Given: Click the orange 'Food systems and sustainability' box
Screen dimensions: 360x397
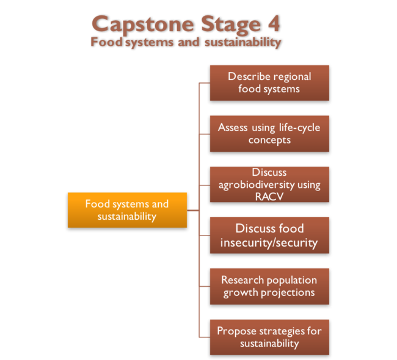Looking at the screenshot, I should click(x=127, y=210).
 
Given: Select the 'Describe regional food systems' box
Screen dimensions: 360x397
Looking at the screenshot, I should click(x=269, y=82).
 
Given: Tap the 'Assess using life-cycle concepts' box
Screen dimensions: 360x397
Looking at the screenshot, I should click(x=269, y=134).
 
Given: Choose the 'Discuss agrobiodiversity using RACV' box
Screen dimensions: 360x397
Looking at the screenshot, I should click(x=269, y=184).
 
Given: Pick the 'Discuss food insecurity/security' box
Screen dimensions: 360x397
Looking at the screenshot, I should click(x=269, y=235).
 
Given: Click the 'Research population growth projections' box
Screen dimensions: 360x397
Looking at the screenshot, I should click(x=269, y=286).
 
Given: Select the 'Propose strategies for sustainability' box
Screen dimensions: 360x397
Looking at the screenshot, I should click(x=269, y=337).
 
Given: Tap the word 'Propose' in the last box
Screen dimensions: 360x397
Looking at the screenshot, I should click(x=235, y=331).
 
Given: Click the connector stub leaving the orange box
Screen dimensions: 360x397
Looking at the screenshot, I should click(x=193, y=211).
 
